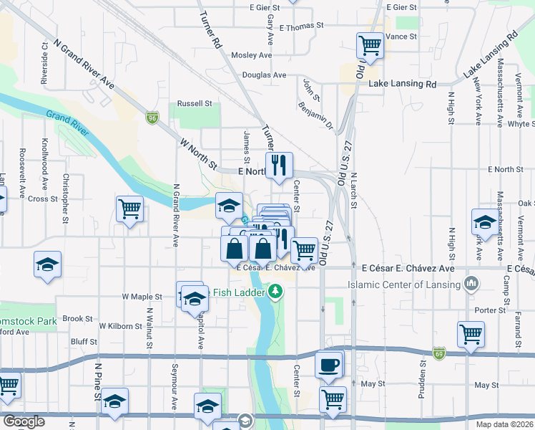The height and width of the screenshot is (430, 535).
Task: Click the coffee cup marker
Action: [328, 365]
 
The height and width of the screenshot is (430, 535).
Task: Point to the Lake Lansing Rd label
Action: [402, 84]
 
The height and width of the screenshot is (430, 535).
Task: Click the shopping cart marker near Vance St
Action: [370, 45]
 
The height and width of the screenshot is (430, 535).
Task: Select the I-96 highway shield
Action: [152, 117]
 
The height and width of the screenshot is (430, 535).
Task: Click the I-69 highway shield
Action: [438, 353]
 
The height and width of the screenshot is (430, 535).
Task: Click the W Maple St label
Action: [143, 296]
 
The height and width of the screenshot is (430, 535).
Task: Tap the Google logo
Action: [24, 421]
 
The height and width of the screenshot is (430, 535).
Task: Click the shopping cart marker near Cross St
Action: [129, 209]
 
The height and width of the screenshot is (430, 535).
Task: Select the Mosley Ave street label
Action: [252, 54]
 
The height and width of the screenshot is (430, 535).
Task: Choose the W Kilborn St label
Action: [121, 326]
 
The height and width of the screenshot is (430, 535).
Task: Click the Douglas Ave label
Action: [265, 75]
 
